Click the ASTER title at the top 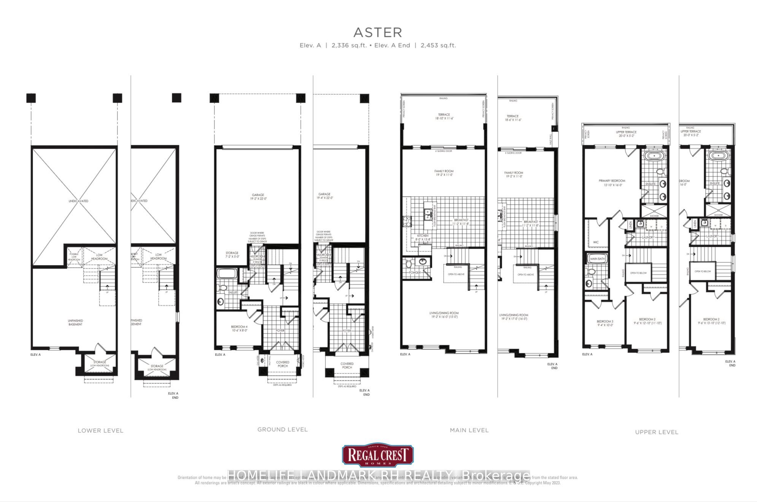[x=378, y=33]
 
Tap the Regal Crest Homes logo [x=378, y=455]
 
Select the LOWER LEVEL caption [x=100, y=431]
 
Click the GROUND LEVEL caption [x=282, y=429]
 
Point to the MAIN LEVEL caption [x=469, y=430]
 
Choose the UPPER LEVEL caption [x=656, y=432]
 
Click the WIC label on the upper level [x=596, y=242]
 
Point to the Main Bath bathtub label [x=597, y=259]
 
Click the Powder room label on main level [x=414, y=272]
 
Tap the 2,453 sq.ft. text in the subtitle [x=438, y=45]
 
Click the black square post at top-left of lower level [x=31, y=98]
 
